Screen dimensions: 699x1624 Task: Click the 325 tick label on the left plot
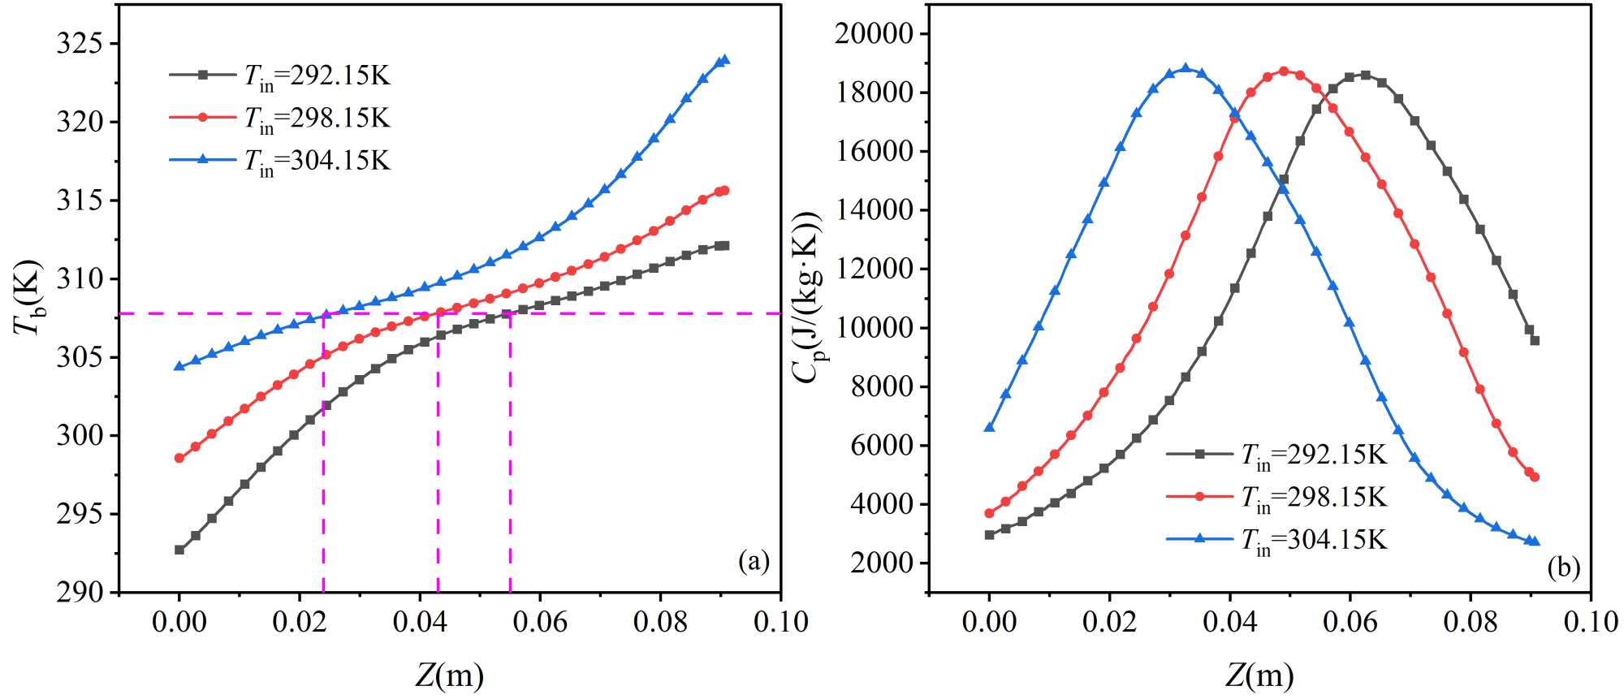click(x=80, y=43)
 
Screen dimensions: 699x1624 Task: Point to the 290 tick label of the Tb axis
click(x=80, y=592)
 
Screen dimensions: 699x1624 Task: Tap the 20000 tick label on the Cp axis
click(x=874, y=33)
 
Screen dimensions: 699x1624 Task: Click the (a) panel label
click(x=753, y=561)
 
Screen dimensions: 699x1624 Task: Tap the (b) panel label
click(x=1563, y=567)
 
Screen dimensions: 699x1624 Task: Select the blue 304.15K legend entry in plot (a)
click(x=280, y=160)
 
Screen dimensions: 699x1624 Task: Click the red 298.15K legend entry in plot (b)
click(x=1277, y=496)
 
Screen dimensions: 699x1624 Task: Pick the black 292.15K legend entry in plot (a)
click(x=280, y=76)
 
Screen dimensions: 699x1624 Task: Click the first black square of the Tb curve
click(x=179, y=550)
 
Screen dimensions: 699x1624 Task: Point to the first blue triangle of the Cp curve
click(x=989, y=427)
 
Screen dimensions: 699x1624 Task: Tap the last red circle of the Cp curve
click(x=1534, y=477)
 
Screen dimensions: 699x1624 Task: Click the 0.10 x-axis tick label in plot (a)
click(x=780, y=622)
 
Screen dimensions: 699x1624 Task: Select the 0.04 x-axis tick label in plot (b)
click(x=1229, y=622)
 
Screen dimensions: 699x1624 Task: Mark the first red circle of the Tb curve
click(x=179, y=458)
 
